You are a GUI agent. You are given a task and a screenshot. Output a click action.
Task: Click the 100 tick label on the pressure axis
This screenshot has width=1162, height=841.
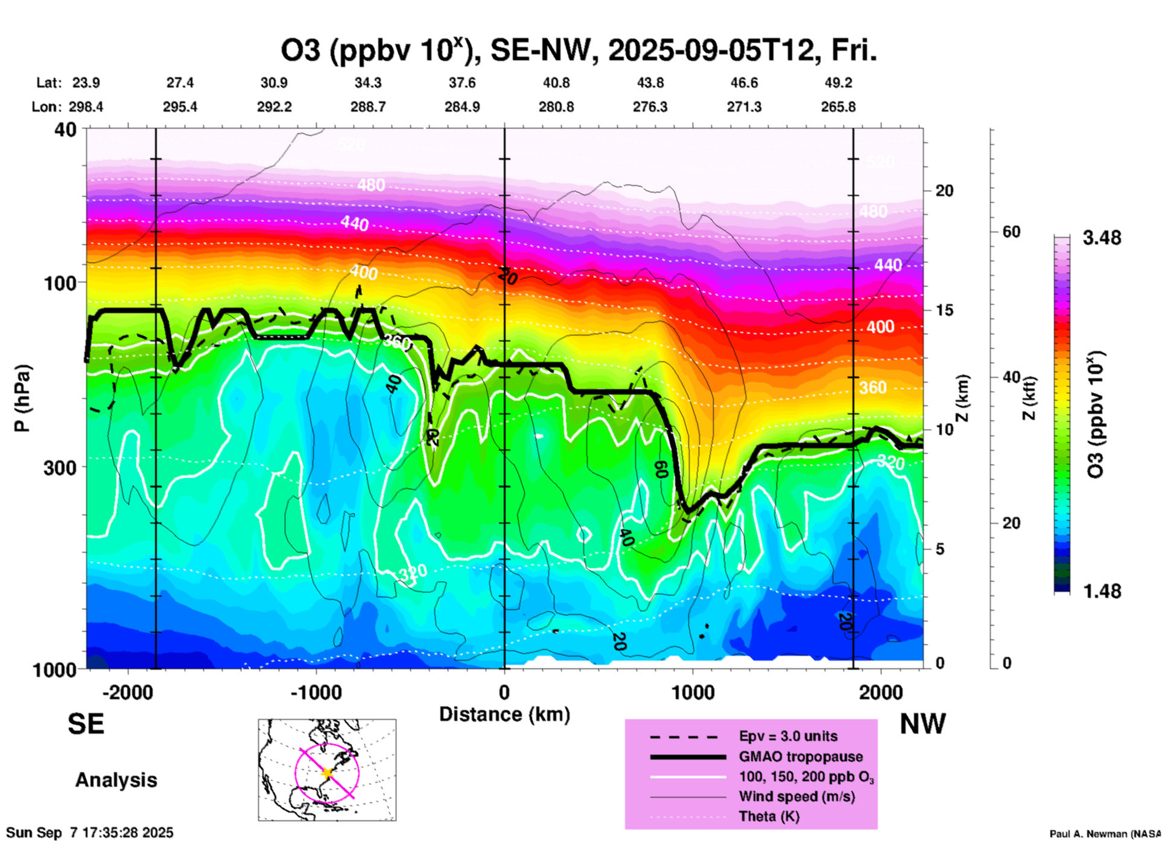[x=56, y=283]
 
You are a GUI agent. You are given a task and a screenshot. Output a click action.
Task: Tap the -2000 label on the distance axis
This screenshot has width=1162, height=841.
[x=127, y=692]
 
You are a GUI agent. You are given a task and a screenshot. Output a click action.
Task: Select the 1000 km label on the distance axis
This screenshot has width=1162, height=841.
[x=693, y=692]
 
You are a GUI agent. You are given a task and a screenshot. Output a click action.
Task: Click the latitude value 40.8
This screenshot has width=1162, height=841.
[x=556, y=83]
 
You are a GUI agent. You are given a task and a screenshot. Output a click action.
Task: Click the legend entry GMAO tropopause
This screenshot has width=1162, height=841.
[x=801, y=757]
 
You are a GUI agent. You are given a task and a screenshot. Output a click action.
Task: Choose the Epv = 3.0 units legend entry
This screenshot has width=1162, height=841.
[x=788, y=737]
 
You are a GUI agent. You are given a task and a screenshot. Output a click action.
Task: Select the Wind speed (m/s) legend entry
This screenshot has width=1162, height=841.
[x=796, y=796]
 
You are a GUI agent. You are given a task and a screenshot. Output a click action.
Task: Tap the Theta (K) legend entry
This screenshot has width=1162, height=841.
[x=769, y=816]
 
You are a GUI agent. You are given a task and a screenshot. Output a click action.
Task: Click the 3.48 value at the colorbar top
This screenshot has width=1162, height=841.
[x=1102, y=238]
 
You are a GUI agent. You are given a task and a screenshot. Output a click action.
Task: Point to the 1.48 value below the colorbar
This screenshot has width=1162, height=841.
[x=1102, y=591]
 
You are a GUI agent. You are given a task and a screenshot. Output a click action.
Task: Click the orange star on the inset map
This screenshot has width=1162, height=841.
[x=327, y=772]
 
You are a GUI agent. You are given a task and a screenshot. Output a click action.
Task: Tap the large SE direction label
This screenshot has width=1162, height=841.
[x=86, y=723]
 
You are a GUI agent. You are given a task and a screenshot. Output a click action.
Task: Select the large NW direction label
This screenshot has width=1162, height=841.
[x=922, y=723]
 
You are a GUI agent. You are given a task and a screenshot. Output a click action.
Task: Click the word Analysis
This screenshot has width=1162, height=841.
[x=116, y=779]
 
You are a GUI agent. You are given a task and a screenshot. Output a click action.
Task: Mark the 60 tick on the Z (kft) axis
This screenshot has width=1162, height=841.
[x=1011, y=232]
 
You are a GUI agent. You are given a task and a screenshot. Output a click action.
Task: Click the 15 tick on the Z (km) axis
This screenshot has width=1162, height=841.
[x=944, y=310]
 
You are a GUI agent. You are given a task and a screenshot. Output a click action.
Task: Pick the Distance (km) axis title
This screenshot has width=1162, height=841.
[x=504, y=714]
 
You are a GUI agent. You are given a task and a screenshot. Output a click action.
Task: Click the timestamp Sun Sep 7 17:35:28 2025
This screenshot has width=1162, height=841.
[x=90, y=833]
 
